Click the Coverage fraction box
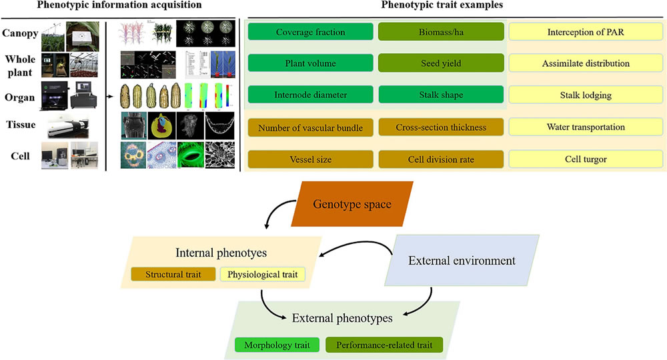coord(310,32)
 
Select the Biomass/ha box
coord(441,32)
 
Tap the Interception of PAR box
coord(578,32)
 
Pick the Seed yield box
coord(441,63)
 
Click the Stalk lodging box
coord(578,95)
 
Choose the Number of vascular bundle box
coord(310,127)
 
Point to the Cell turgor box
coord(578,159)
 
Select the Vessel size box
coord(310,159)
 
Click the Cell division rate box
coord(441,159)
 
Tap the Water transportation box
coord(578,127)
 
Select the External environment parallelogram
coord(462,260)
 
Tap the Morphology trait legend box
coord(277,345)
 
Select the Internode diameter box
coord(310,95)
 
